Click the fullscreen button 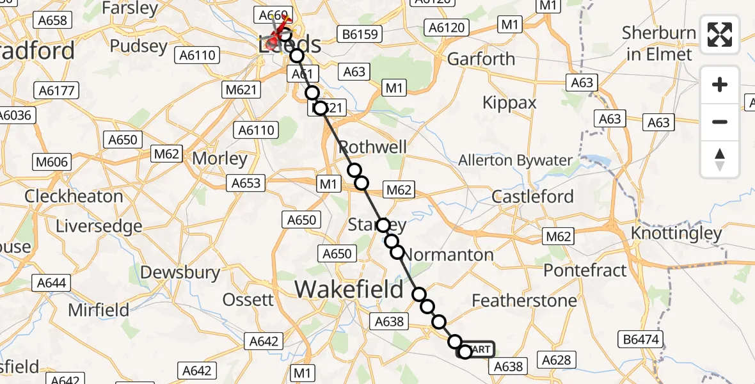720,35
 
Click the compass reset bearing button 720,159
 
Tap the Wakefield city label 349,289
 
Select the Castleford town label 533,196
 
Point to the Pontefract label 585,270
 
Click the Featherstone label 524,300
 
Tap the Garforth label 481,59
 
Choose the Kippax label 509,103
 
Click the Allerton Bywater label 514,160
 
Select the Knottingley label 676,234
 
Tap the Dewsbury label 180,272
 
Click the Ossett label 248,300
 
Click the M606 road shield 52,162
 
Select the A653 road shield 246,183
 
